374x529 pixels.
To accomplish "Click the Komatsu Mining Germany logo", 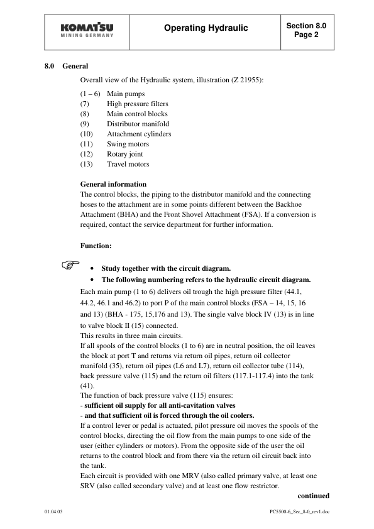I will pos(87,31).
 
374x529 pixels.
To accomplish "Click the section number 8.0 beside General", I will pos(50,66).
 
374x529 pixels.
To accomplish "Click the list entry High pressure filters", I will pos(137,104).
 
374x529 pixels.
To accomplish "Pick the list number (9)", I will pos(87,124).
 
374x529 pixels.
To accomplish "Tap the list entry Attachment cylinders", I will pos(139,134).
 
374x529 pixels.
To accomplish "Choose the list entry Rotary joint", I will pos(124,154).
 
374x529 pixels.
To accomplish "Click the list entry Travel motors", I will pos(128,164).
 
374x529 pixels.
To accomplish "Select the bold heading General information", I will pos(114,184).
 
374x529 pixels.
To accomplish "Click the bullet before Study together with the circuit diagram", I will pos(93,267).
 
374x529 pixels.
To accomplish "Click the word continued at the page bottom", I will pos(312,495).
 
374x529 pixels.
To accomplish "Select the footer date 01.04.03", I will pos(53,513).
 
